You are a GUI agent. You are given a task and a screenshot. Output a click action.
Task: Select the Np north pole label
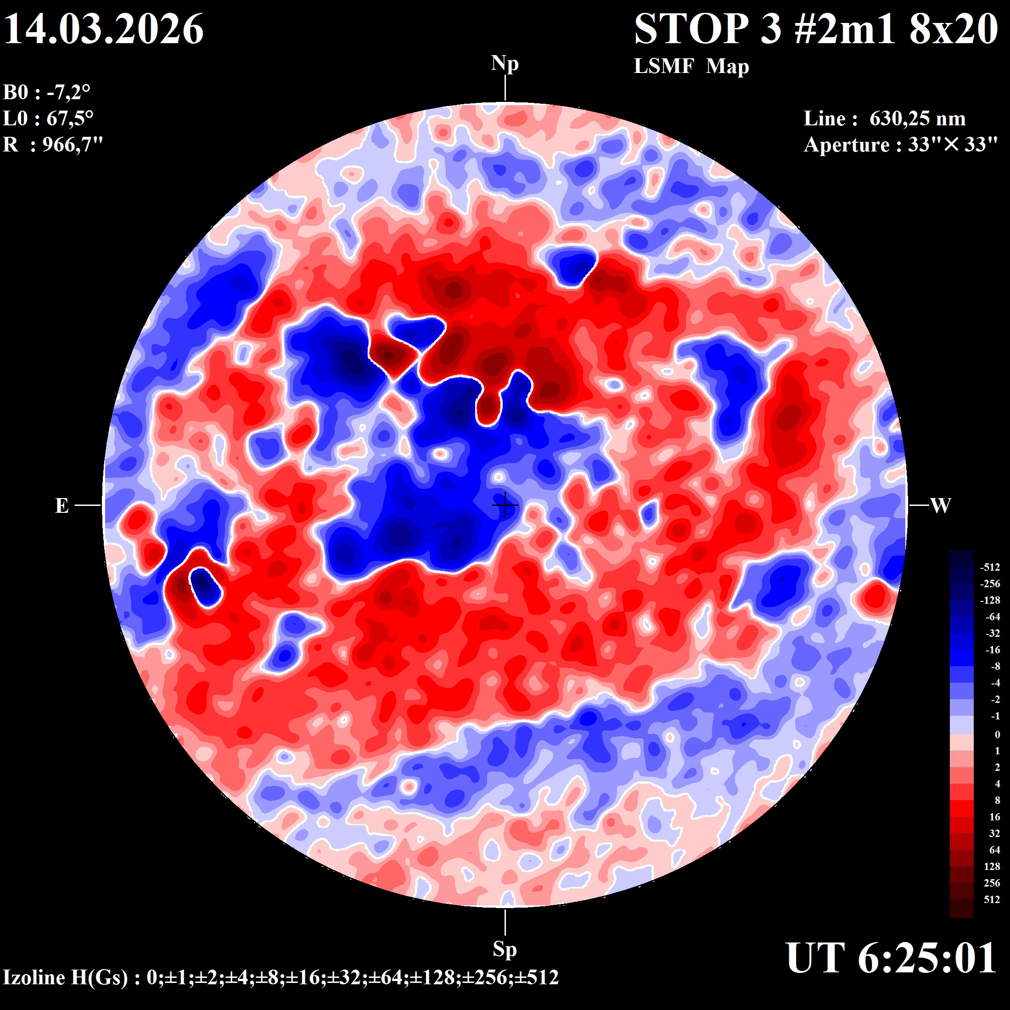point(505,63)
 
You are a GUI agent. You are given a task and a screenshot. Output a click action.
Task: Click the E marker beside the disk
point(62,505)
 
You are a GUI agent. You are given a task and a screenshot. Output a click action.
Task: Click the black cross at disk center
point(505,505)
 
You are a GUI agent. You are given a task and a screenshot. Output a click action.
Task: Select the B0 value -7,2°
point(68,93)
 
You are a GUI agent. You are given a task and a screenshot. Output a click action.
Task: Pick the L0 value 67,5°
point(70,118)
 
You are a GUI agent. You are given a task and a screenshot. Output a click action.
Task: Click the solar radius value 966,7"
point(73,144)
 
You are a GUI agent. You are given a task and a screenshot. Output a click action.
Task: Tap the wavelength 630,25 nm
point(917,118)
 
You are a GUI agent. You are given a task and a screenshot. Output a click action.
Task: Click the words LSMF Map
point(691,67)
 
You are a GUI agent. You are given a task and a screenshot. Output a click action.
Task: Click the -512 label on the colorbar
point(990,567)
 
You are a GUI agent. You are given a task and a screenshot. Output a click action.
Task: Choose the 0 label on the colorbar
point(997,735)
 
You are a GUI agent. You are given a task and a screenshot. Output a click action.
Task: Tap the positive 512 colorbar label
point(991,899)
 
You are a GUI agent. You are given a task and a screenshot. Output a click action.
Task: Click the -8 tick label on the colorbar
point(995,666)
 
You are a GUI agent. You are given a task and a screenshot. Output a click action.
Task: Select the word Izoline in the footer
point(34,977)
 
